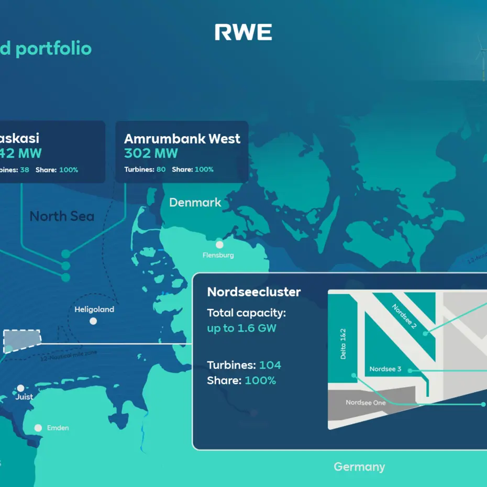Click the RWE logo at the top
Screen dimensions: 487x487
pos(243,32)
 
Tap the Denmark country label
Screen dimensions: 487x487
pos(195,202)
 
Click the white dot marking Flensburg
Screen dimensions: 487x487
pos(219,245)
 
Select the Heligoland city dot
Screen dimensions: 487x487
pos(93,321)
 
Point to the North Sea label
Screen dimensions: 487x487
pos(62,216)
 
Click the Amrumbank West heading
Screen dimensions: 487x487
pos(182,139)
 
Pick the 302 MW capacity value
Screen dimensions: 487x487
pos(151,153)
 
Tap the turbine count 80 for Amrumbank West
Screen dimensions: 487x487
pos(161,170)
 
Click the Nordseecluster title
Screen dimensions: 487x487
pos(254,292)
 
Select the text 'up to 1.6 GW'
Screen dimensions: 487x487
pos(241,328)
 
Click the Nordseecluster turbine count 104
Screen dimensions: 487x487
pos(270,365)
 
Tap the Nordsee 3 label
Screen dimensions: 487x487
pos(385,369)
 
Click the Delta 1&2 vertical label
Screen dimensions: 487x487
pos(344,344)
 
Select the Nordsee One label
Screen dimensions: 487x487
pos(366,403)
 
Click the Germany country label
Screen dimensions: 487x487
pos(359,467)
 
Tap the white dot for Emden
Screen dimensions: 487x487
pos(38,428)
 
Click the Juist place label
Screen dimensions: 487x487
pos(24,396)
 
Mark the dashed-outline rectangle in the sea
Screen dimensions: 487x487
pos(22,339)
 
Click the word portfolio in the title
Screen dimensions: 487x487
pos(53,49)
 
